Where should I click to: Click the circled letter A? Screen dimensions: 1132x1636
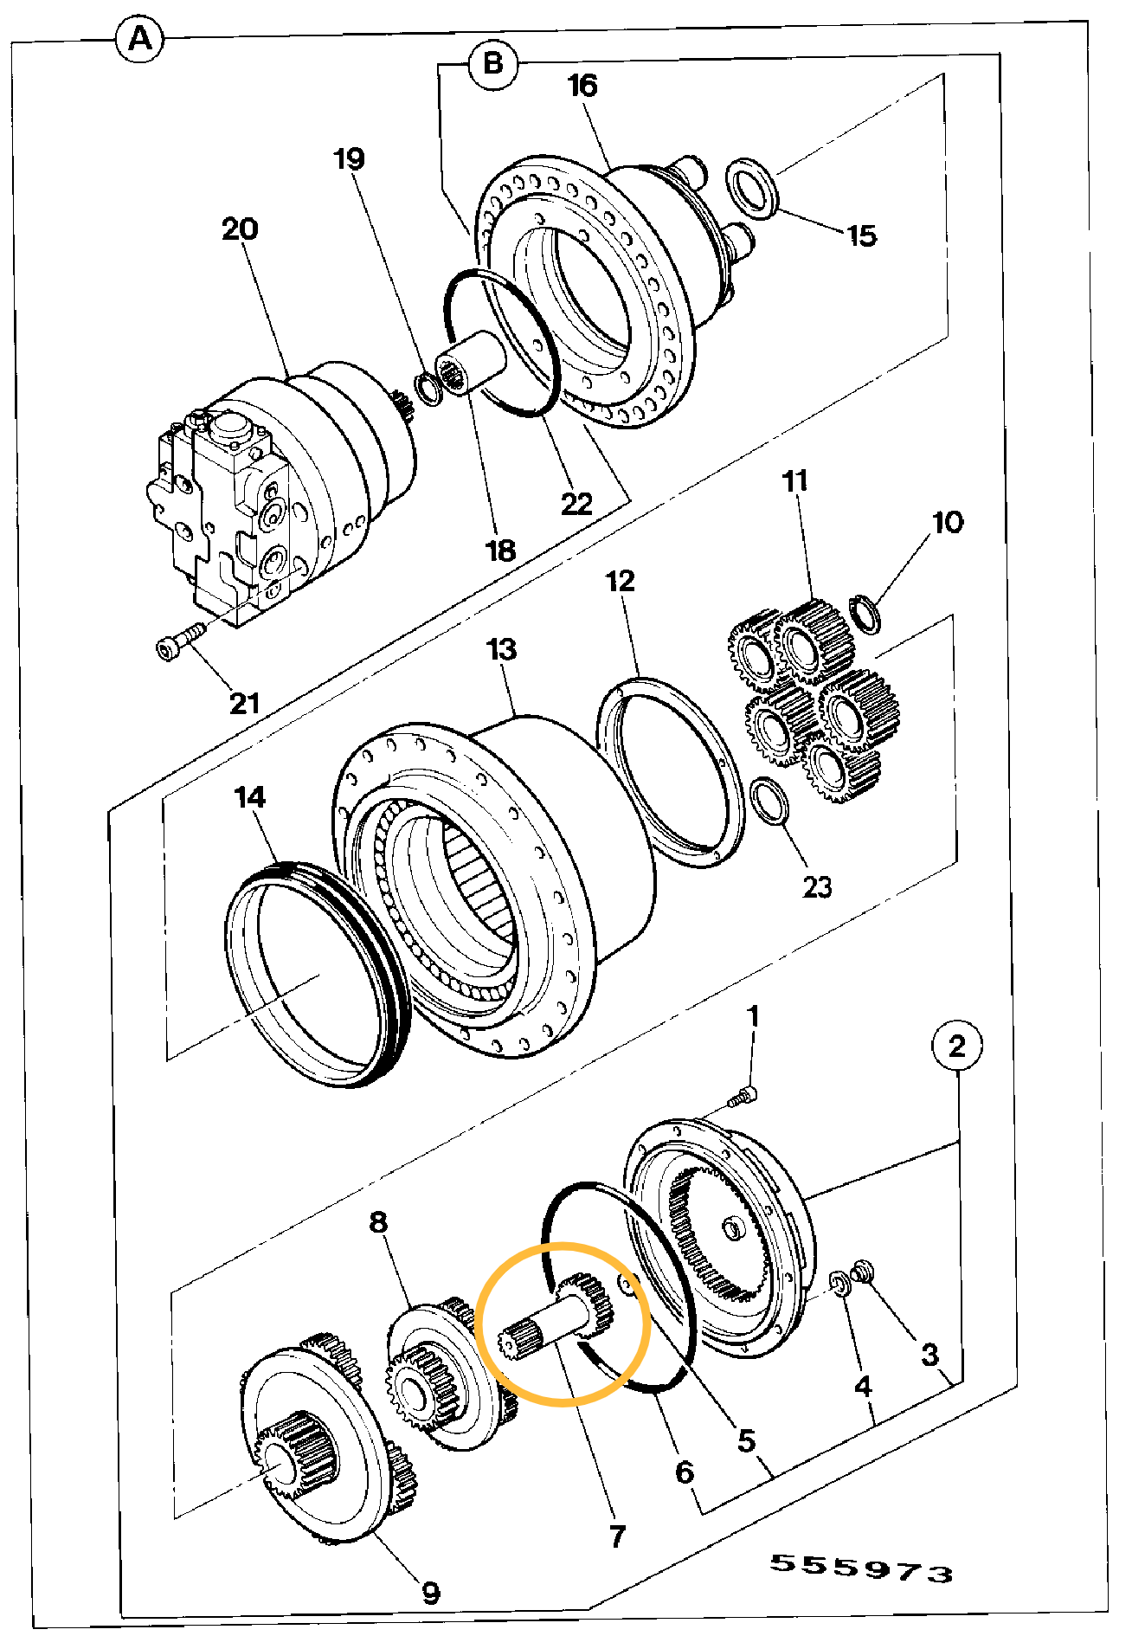(140, 40)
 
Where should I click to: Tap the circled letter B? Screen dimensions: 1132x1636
(493, 63)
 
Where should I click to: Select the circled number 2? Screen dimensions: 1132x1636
(956, 1047)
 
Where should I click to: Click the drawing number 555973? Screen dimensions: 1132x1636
(862, 1568)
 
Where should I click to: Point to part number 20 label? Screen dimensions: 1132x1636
(240, 229)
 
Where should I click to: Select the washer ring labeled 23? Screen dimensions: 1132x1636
(769, 802)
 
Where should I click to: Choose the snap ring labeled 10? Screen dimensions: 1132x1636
(865, 614)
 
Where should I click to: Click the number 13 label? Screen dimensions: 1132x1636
(502, 649)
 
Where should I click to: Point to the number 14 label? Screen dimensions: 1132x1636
(250, 797)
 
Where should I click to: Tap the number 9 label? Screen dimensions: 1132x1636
(430, 1593)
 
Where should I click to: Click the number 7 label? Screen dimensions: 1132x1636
(617, 1536)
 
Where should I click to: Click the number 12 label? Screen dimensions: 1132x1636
(621, 581)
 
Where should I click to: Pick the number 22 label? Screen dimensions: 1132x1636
(577, 504)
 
